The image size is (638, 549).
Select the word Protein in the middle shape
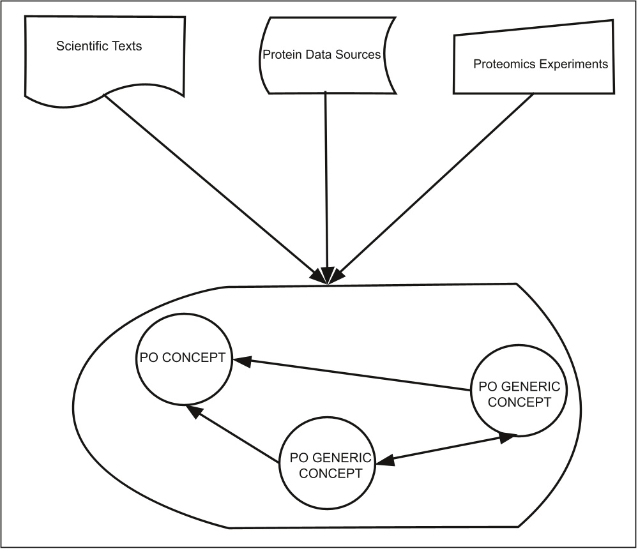(280, 55)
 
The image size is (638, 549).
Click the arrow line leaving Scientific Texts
(211, 185)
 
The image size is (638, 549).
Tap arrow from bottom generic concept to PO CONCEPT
(236, 434)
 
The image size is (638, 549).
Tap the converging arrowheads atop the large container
(326, 276)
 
